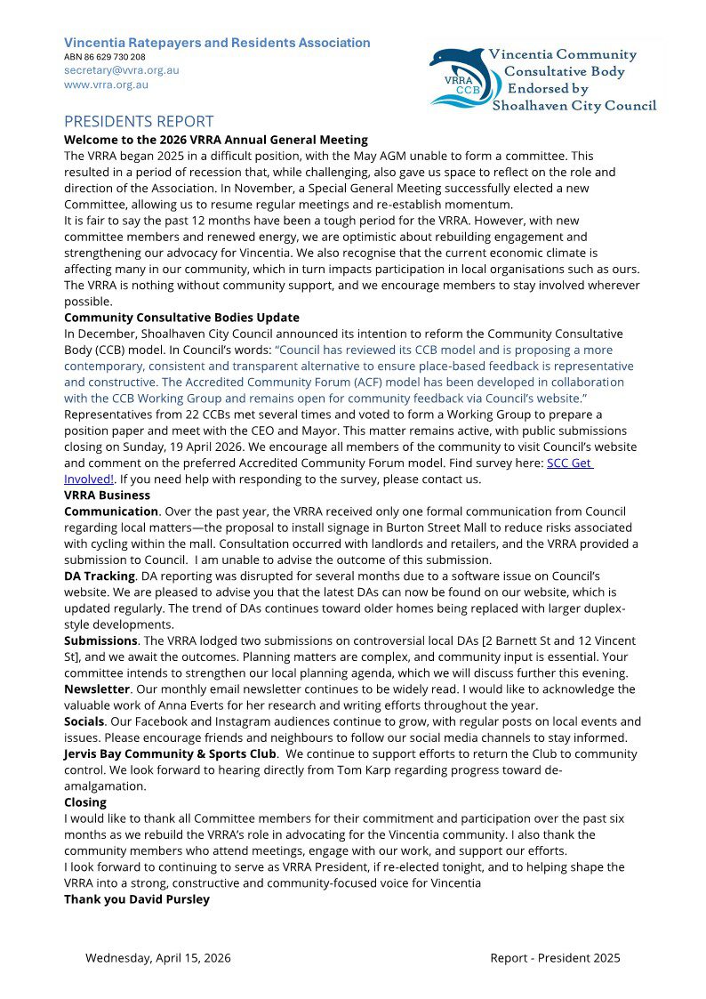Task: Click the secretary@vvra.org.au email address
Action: [x=121, y=70]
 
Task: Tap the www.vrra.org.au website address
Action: [x=106, y=85]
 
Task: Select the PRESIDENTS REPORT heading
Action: [x=139, y=122]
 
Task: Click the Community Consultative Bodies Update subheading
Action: [x=181, y=318]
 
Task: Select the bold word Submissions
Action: [x=100, y=640]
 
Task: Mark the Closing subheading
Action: [x=85, y=802]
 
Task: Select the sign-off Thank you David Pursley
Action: [x=136, y=899]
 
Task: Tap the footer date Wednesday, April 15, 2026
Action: [x=158, y=958]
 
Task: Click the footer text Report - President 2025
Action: [x=555, y=958]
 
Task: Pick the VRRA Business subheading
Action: [x=107, y=495]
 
